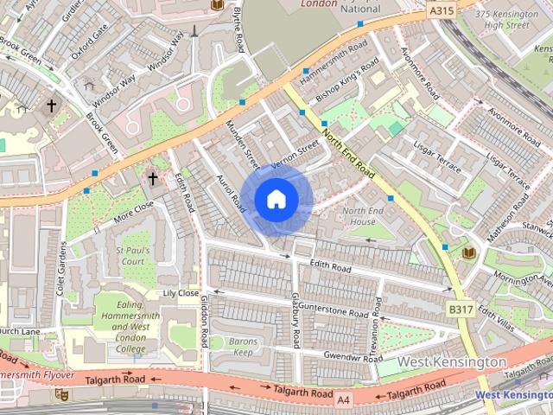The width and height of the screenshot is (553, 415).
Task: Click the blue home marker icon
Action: point(276,200)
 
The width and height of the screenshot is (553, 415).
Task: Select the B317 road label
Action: point(461,309)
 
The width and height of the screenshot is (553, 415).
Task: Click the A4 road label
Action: point(345,399)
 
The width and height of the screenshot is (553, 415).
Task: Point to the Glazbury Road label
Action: point(296,320)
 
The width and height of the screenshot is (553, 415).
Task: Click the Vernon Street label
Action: point(296,153)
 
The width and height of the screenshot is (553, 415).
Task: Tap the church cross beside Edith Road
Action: point(153,180)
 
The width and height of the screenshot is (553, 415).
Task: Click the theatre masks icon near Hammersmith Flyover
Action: point(61,394)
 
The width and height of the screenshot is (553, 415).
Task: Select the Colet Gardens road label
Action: point(61,269)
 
